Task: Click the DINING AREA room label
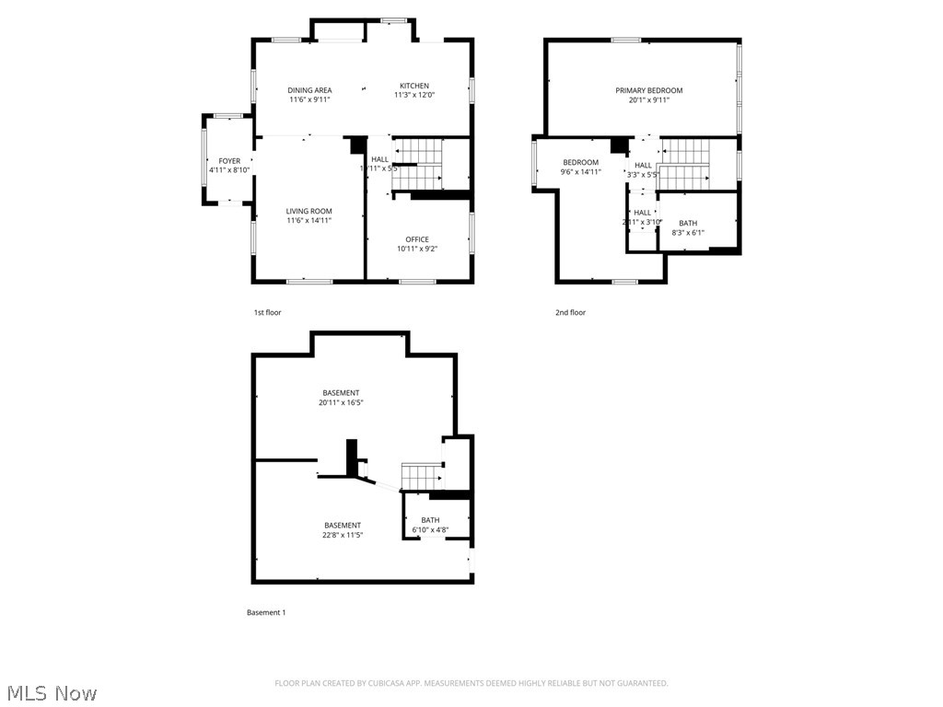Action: (309, 90)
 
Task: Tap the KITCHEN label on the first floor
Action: (413, 86)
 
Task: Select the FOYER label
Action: (229, 161)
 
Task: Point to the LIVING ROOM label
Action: (309, 212)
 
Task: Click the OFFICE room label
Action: (417, 239)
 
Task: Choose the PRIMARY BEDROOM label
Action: (649, 90)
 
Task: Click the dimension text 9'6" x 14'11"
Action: (580, 171)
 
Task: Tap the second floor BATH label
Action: (688, 223)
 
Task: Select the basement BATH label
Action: (430, 520)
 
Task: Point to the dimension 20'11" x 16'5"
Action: (341, 402)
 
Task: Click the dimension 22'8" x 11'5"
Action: (342, 535)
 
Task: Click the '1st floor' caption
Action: (267, 313)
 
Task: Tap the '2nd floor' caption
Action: (570, 313)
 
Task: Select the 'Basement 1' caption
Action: (266, 612)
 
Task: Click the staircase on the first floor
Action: (417, 163)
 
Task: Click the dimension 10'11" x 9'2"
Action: (417, 249)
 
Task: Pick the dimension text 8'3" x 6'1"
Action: (688, 232)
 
